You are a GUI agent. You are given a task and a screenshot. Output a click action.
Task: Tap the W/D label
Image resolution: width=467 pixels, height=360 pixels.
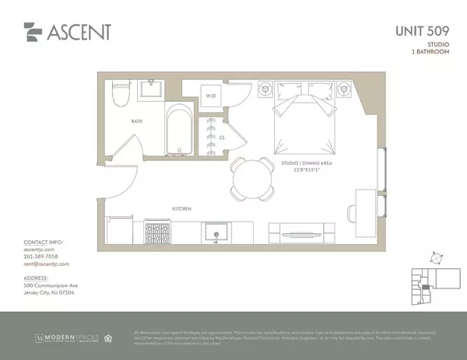tap(210, 97)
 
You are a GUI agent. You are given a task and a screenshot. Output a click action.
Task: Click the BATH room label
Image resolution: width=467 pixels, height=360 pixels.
tap(136, 122)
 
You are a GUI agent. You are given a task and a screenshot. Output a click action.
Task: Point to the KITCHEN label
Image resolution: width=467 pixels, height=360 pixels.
tap(182, 208)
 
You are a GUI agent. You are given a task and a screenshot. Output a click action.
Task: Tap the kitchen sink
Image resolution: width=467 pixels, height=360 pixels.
tap(215, 232)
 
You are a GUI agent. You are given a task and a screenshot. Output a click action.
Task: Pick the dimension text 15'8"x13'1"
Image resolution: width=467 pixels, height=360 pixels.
tap(304, 170)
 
